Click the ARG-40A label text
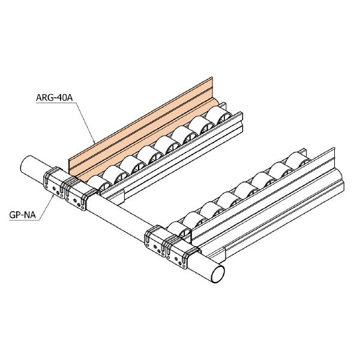pyautogui.click(x=55, y=98)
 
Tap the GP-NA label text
pyautogui.click(x=23, y=215)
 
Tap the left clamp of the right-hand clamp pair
pyautogui.click(x=156, y=241)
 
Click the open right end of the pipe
pyautogui.click(x=218, y=274)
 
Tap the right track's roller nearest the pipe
pyautogui.click(x=179, y=230)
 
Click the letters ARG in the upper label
pyautogui.click(x=45, y=98)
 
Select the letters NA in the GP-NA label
pyautogui.click(x=30, y=215)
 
